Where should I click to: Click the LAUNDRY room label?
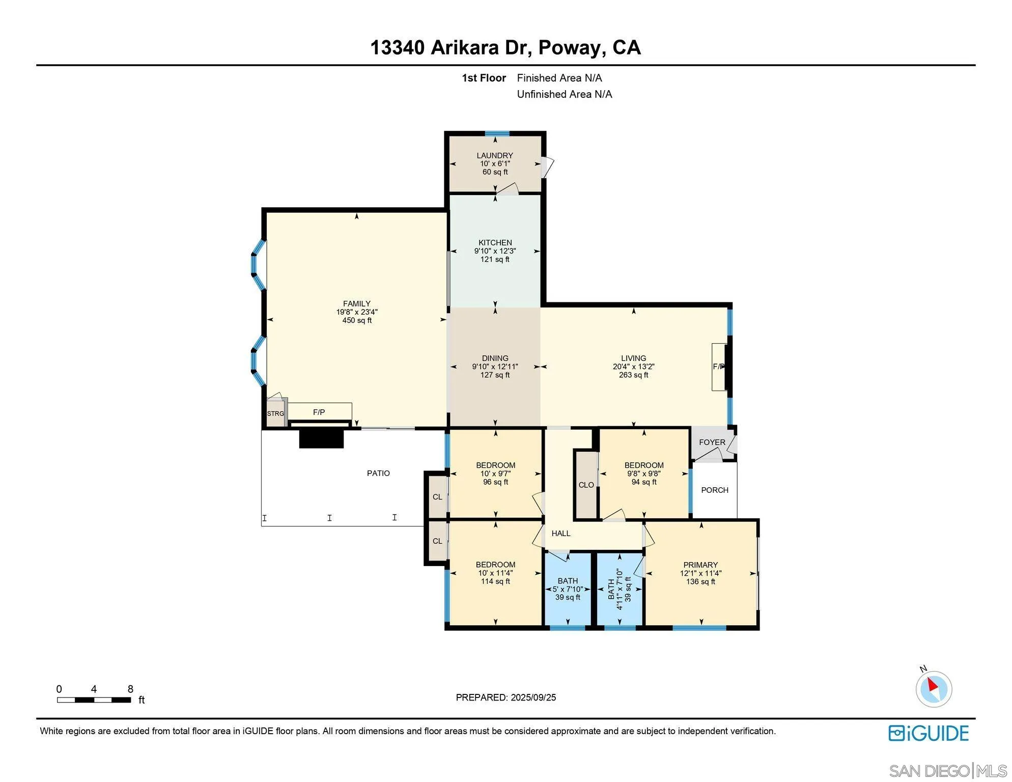tap(494, 155)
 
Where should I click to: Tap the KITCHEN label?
tap(495, 242)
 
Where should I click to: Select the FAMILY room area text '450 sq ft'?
tap(357, 320)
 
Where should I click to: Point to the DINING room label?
tap(495, 358)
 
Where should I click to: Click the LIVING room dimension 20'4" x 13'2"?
tap(633, 367)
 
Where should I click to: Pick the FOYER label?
tap(712, 442)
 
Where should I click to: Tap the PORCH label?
tap(714, 490)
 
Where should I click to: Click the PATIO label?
tap(378, 473)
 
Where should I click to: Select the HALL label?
tap(561, 533)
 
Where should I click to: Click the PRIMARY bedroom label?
tap(700, 565)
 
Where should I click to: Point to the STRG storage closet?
tap(276, 413)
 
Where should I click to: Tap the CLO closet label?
tap(586, 485)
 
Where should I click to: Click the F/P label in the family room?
tap(319, 412)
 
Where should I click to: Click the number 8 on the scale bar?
tap(130, 689)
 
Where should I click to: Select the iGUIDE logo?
tap(929, 733)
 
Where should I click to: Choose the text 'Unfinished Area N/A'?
tap(565, 94)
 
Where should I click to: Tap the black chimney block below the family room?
tap(321, 438)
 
